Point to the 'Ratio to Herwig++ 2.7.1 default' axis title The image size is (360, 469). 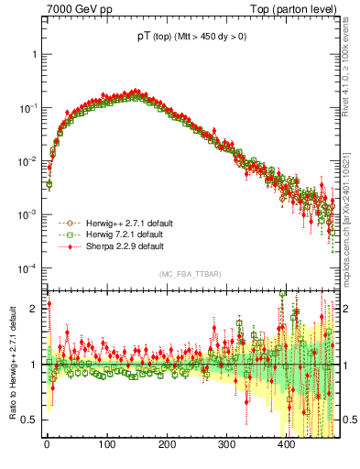click(x=13, y=366)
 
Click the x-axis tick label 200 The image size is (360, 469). click(x=167, y=444)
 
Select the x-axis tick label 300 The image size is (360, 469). click(x=227, y=444)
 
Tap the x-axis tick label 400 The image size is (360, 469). click(x=287, y=444)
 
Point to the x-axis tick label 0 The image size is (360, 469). click(x=47, y=444)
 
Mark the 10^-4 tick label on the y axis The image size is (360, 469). click(x=27, y=268)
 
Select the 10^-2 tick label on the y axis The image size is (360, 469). click(x=27, y=161)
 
